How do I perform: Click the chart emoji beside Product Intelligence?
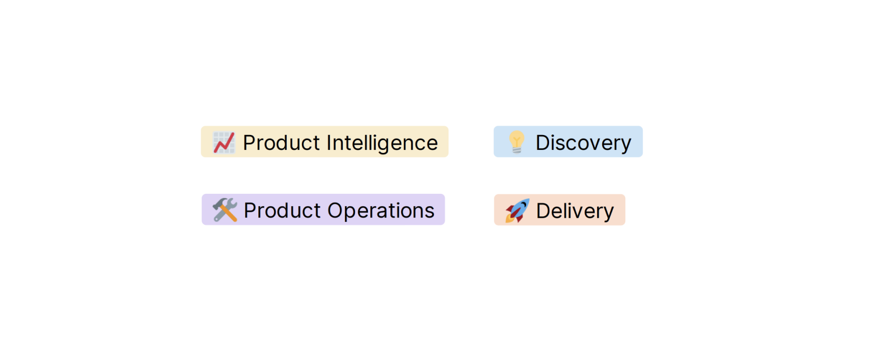tap(224, 143)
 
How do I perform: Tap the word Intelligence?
tap(382, 143)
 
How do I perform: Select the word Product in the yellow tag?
tap(281, 143)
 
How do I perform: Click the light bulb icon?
tap(516, 142)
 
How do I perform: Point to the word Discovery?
tap(583, 143)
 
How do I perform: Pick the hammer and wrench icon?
tap(225, 210)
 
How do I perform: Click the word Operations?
tap(381, 211)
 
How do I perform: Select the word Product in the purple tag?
tap(282, 211)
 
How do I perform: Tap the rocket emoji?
tap(517, 211)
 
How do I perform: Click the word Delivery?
tap(575, 211)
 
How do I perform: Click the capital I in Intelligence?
tap(329, 143)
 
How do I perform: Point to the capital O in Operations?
tap(337, 211)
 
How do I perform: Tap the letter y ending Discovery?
tap(625, 145)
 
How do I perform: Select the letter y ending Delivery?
tap(608, 213)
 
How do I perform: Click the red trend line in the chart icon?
tap(224, 143)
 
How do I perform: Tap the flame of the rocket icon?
tap(510, 218)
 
